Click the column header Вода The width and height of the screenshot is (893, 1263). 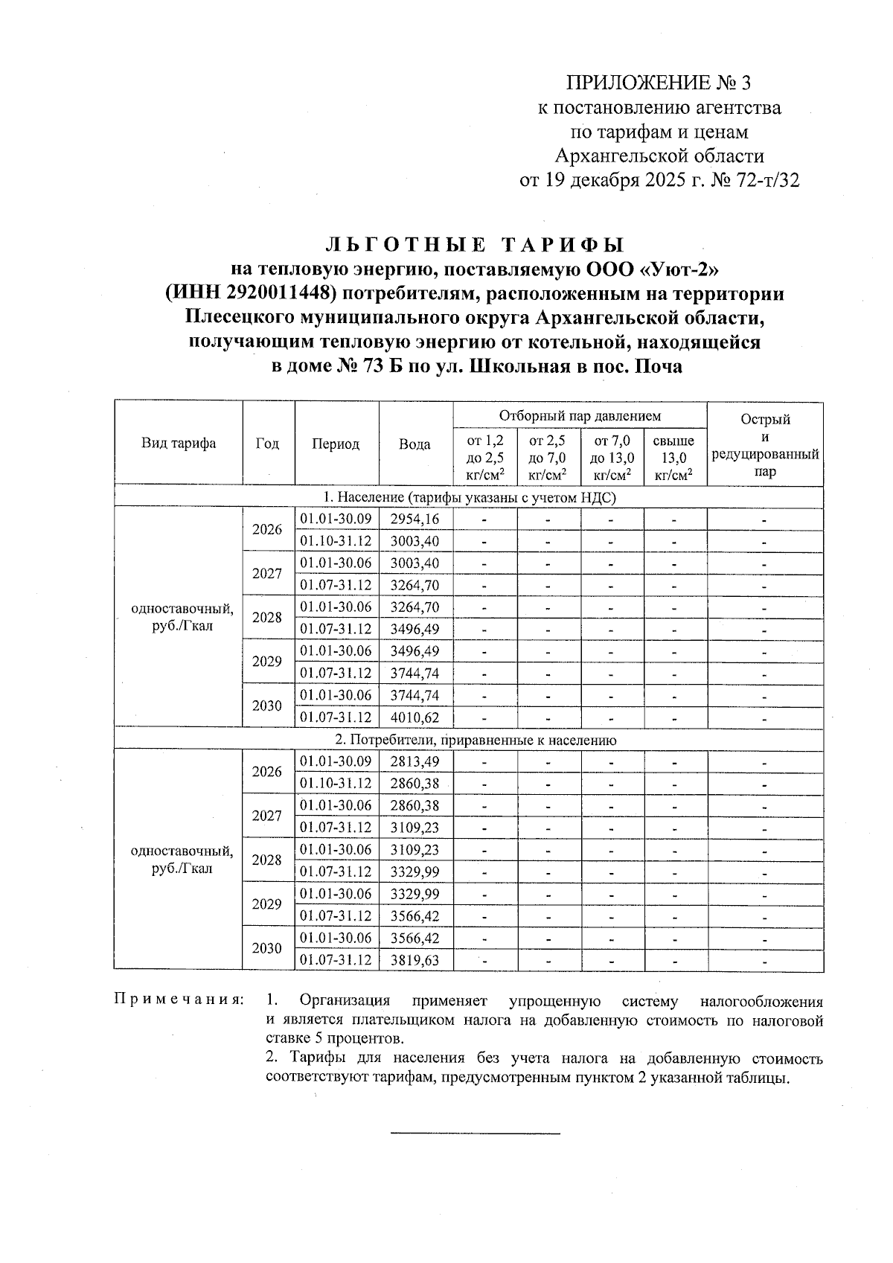[415, 444]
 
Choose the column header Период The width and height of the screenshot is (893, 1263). [336, 444]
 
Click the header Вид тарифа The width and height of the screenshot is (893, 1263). [179, 444]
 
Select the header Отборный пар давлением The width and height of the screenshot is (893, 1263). [580, 415]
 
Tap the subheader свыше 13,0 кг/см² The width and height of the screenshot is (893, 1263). [673, 458]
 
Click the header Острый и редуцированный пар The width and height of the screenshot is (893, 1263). [765, 445]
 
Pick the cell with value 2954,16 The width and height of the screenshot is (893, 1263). [415, 519]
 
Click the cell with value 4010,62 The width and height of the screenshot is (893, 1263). [415, 718]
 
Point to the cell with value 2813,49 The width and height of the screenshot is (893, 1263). [415, 761]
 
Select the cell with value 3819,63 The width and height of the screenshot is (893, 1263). [415, 960]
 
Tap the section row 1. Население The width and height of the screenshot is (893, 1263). [470, 497]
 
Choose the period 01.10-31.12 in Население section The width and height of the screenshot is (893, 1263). [336, 541]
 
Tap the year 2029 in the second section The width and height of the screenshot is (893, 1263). [267, 904]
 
